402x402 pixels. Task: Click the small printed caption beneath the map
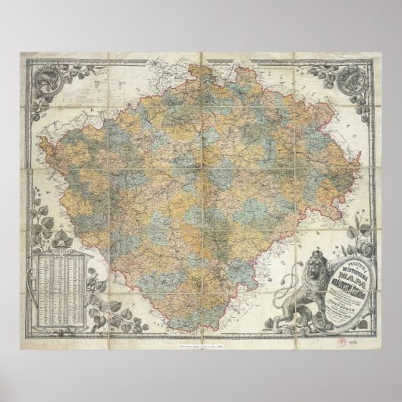(x=200, y=346)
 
